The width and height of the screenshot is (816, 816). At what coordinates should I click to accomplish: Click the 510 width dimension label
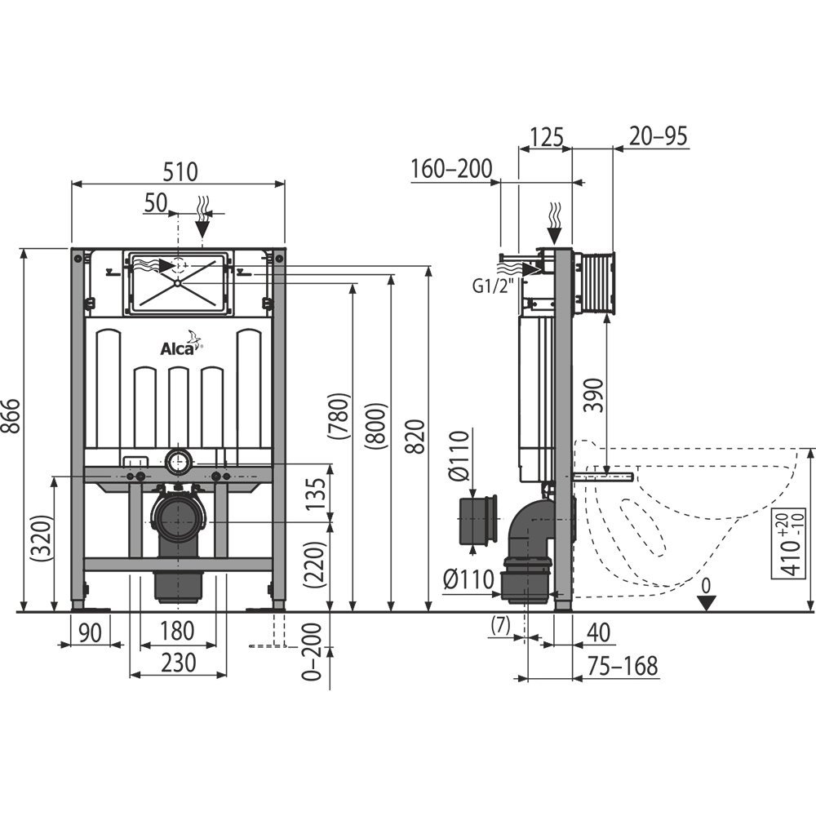pyautogui.click(x=180, y=171)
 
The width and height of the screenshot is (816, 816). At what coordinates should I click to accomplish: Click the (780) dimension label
pyautogui.click(x=341, y=418)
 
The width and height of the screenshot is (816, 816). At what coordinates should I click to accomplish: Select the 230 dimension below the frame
pyautogui.click(x=178, y=663)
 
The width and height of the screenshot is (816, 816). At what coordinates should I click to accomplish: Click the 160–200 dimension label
pyautogui.click(x=451, y=169)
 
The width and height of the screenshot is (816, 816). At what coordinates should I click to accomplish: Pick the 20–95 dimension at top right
pyautogui.click(x=658, y=135)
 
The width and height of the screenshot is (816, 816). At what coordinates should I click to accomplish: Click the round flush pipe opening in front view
pyautogui.click(x=179, y=462)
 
